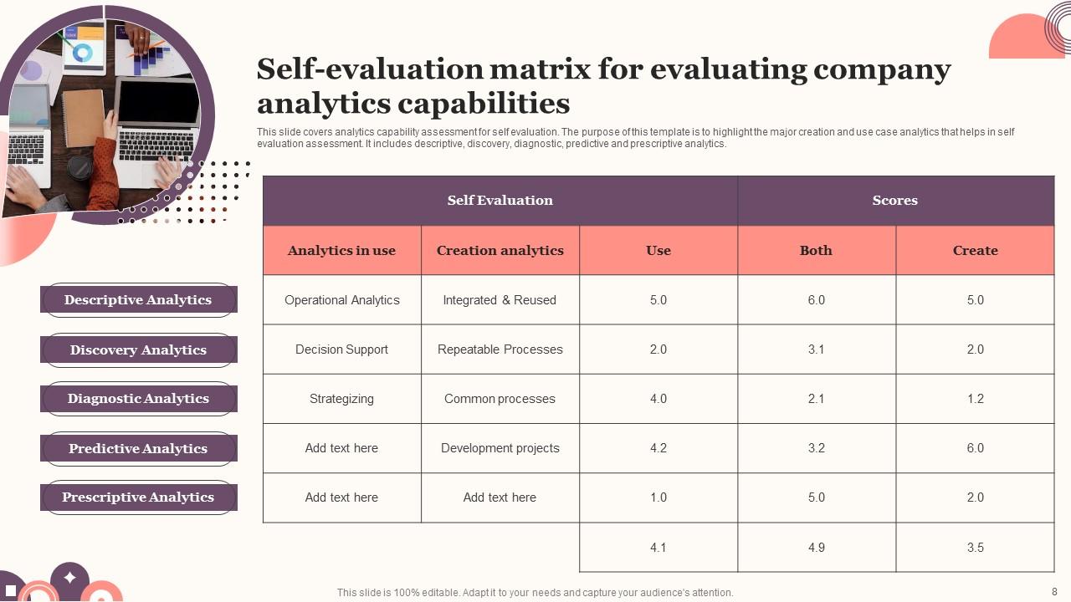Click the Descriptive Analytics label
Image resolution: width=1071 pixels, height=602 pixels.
[138, 299]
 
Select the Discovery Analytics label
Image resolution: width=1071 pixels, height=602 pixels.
[138, 349]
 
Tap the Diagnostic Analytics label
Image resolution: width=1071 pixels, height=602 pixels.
[138, 399]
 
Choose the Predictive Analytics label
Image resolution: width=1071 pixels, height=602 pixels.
[138, 448]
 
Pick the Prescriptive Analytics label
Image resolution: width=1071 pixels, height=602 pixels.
[138, 497]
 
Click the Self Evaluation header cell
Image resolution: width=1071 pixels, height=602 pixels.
[500, 201]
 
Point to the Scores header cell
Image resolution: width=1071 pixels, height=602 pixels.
[894, 201]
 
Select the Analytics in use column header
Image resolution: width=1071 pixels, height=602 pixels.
[341, 250]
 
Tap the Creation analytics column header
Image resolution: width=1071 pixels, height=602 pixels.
[500, 250]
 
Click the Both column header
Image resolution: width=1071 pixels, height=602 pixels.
[816, 250]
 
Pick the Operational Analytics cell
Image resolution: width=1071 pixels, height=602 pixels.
[341, 300]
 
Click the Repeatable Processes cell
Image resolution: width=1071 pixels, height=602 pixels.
[500, 349]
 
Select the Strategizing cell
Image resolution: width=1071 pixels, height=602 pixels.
[341, 399]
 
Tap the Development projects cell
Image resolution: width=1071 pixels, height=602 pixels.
[500, 448]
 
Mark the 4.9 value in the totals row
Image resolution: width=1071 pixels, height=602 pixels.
[816, 548]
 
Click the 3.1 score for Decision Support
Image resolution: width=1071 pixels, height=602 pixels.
[816, 349]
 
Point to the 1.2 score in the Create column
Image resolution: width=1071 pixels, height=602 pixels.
[975, 399]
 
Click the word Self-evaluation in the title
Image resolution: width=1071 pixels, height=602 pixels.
[368, 69]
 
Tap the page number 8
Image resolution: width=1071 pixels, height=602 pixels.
[1054, 591]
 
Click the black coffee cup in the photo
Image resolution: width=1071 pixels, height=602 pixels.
[80, 168]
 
